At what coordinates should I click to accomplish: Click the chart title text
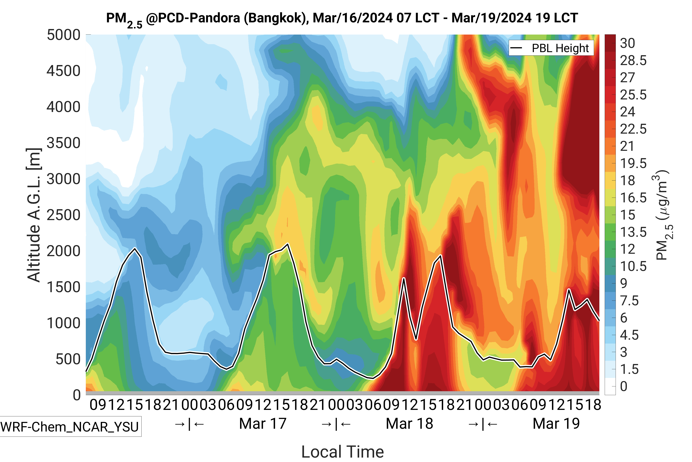[342, 18]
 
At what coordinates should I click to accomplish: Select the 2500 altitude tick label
[63, 215]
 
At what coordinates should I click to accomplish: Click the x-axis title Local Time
[342, 451]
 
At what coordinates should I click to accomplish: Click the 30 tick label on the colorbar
[628, 43]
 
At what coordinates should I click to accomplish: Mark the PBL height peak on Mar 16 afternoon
[135, 248]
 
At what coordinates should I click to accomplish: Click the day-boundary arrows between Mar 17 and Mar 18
[336, 424]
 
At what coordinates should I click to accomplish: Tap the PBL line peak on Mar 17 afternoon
[288, 244]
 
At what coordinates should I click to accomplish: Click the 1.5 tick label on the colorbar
[629, 369]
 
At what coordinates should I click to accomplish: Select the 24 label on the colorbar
[628, 112]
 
